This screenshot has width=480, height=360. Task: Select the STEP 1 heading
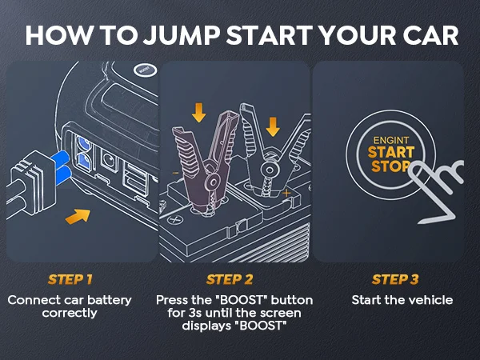[x=70, y=279]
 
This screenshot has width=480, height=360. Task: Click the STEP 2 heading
[x=230, y=279]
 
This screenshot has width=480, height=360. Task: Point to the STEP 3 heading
[x=395, y=279]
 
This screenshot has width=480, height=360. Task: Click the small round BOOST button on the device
[x=145, y=70]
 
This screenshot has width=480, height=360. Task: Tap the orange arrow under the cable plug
[x=78, y=217]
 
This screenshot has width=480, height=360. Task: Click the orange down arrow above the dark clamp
[x=198, y=113]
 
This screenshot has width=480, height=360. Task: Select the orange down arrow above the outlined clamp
[x=273, y=126]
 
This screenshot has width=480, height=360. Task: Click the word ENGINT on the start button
[x=391, y=141]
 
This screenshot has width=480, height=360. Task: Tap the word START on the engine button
[x=391, y=152]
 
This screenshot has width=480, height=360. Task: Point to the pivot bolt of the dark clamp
[x=213, y=182]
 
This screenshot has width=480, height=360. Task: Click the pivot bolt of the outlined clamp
[x=270, y=170]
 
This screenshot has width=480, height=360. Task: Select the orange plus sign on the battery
[x=286, y=193]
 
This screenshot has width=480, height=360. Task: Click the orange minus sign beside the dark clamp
[x=175, y=174]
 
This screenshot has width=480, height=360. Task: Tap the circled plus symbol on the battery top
[x=175, y=219]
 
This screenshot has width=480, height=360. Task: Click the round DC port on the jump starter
[x=108, y=159]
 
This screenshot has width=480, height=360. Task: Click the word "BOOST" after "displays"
[x=261, y=326]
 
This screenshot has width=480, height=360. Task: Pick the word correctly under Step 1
[x=70, y=313]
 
